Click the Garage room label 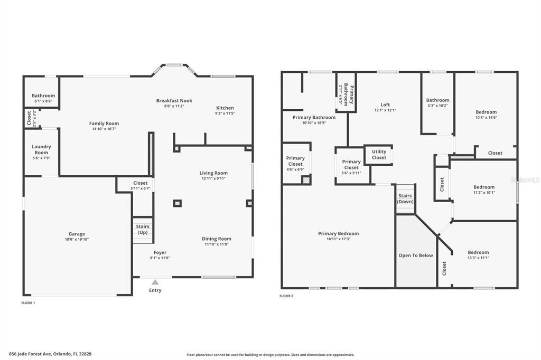[x=77, y=234]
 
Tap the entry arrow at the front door [x=155, y=282]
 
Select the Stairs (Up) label [x=143, y=230]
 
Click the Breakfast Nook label [x=174, y=100]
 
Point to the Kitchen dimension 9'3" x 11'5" [x=225, y=113]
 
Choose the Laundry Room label [x=41, y=149]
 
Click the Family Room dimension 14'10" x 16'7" [x=104, y=129]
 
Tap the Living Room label [x=213, y=173]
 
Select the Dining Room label [x=217, y=239]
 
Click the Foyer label [x=160, y=252]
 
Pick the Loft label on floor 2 [x=385, y=105]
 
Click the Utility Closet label [x=379, y=155]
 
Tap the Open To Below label [x=415, y=255]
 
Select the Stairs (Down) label [x=405, y=199]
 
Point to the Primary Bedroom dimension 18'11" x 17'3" [x=338, y=239]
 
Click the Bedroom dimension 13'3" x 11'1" [x=478, y=258]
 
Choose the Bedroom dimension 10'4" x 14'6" [x=486, y=118]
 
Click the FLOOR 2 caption [x=286, y=296]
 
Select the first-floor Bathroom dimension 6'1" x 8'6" [x=43, y=101]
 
